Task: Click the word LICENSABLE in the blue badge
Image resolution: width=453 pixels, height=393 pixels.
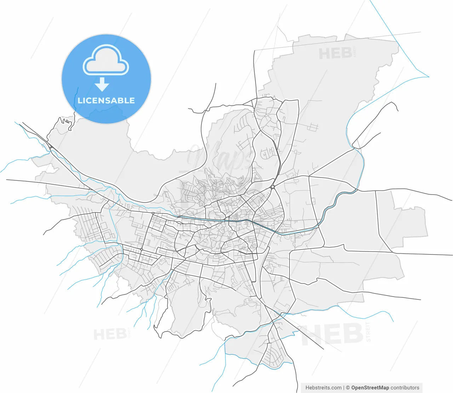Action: coord(106,100)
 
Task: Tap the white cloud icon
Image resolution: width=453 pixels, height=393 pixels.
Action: coord(106,60)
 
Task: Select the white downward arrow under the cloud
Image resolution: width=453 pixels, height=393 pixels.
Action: coord(102,84)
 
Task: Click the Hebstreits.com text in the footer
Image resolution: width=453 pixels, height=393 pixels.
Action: coord(323,388)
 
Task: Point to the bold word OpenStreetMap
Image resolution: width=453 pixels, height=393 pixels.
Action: coord(370,388)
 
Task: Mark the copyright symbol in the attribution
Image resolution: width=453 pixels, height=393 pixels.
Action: coord(348,388)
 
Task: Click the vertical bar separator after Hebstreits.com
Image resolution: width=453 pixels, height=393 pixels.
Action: coord(344,388)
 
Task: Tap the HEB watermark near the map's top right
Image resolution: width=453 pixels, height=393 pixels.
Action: coord(335,54)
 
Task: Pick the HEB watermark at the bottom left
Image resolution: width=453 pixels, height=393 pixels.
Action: coord(110,334)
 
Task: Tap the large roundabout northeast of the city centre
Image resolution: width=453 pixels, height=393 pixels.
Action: coord(273,186)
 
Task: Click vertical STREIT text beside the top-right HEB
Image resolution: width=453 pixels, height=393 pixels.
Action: coord(355,52)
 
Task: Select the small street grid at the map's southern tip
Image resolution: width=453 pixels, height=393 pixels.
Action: coord(276,355)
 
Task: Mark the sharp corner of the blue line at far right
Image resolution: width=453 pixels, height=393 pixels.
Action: coord(429,76)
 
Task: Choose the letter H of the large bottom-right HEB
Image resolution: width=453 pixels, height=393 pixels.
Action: coord(311,335)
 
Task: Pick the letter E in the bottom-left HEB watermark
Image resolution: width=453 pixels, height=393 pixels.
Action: coord(110,334)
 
